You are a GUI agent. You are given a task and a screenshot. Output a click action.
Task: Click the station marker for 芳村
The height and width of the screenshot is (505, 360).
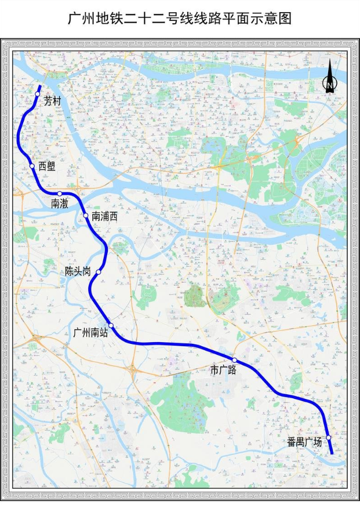38,94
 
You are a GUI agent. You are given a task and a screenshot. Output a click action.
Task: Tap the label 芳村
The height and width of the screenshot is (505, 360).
52,100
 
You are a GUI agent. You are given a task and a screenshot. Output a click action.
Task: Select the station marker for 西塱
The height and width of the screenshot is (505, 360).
32,166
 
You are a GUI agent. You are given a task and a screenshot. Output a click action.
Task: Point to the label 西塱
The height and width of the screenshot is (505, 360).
47,166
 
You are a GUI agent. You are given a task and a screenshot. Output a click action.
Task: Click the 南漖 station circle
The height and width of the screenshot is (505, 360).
60,194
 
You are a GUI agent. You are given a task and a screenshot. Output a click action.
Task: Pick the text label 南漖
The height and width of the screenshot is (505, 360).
60,204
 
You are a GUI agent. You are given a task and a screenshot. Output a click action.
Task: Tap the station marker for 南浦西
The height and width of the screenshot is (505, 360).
86,216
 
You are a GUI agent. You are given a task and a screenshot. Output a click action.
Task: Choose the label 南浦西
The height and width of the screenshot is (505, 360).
104,217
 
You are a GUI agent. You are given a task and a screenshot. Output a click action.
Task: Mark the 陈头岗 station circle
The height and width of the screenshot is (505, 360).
99,271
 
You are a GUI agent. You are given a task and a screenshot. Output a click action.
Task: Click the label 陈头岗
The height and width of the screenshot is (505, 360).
78,271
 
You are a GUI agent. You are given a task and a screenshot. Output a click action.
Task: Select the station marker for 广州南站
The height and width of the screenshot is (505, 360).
111,326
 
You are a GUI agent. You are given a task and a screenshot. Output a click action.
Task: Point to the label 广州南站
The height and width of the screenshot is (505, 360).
91,332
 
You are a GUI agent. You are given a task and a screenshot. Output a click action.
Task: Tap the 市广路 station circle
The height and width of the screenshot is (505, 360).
234,360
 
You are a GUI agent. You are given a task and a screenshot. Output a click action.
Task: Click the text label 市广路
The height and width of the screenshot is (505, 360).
223,370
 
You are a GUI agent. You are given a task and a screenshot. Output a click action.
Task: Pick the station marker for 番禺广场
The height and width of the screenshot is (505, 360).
328,437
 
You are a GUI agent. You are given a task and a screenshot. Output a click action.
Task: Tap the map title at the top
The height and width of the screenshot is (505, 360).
180,19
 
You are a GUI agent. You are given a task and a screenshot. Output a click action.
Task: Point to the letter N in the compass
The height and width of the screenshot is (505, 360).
329,85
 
